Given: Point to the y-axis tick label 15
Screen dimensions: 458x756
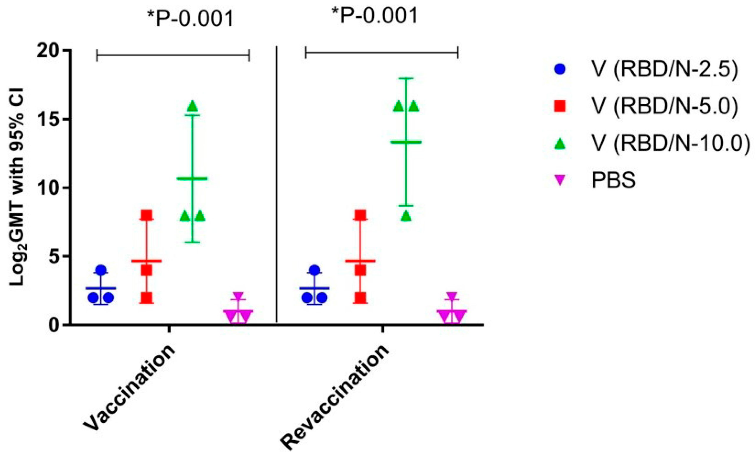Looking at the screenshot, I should (x=49, y=120).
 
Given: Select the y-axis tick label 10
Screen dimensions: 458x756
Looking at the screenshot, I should (x=49, y=188).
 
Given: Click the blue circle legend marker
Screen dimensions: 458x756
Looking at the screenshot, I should (x=560, y=69).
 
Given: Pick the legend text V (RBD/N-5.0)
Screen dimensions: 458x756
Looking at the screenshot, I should (x=665, y=107).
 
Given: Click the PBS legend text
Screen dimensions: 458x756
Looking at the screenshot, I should (x=613, y=180).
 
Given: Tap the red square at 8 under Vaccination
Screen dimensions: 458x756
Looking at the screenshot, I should (x=147, y=215).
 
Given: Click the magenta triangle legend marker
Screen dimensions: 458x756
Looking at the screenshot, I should (x=560, y=180).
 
